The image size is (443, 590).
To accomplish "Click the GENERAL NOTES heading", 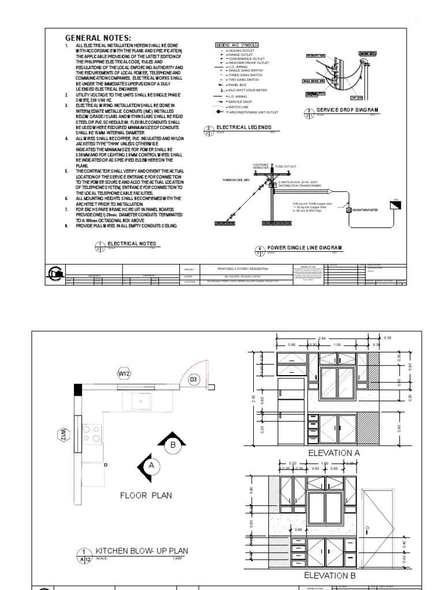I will (x=99, y=38).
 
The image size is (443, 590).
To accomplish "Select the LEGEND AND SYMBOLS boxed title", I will (x=236, y=44).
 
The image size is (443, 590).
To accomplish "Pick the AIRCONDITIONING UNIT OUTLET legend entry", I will (x=254, y=112).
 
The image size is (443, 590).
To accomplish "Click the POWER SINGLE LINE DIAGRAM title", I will (x=304, y=248).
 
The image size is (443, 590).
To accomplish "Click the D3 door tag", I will (x=194, y=380).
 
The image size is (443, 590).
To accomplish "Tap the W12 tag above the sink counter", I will (x=124, y=374).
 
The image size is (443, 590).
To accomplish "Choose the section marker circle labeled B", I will (x=172, y=444).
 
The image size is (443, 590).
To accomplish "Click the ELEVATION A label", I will (x=334, y=453).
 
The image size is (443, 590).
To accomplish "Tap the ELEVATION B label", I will (x=334, y=575).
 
